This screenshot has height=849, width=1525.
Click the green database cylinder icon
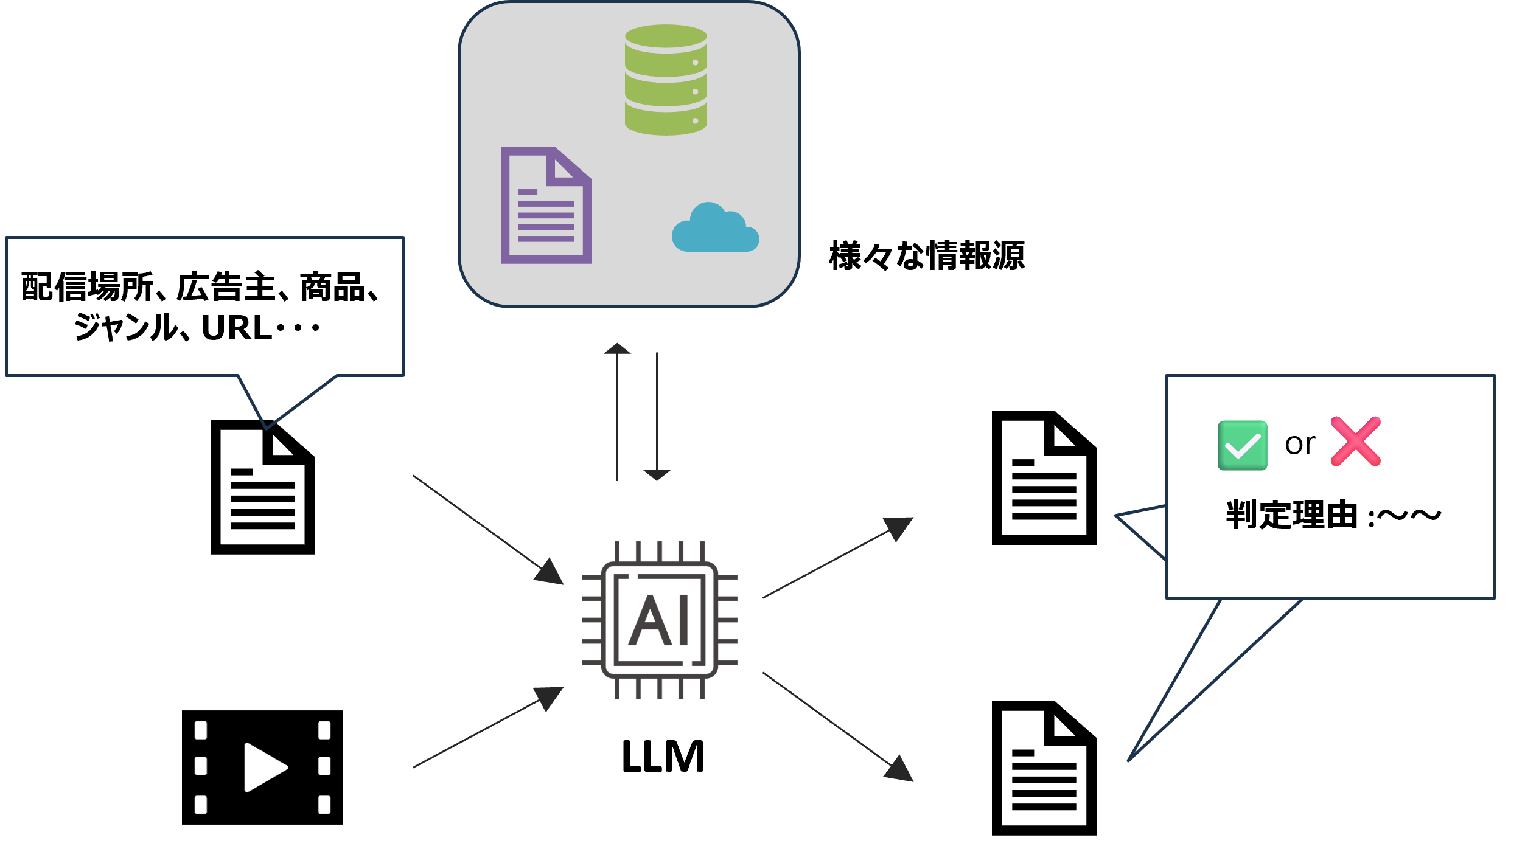pos(666,80)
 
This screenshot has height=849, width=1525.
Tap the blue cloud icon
pos(715,229)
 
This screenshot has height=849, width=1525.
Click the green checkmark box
pos(1242,445)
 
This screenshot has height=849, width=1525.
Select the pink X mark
pos(1356,442)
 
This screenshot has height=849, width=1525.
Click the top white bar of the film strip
pos(262,698)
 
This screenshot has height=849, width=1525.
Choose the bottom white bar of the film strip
pos(262,836)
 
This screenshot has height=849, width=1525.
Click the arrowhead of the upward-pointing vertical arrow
pos(617,348)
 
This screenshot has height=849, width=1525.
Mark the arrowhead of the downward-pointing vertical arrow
pos(657,474)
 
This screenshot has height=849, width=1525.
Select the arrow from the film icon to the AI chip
pos(487,728)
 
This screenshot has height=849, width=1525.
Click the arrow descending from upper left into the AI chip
pos(487,529)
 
